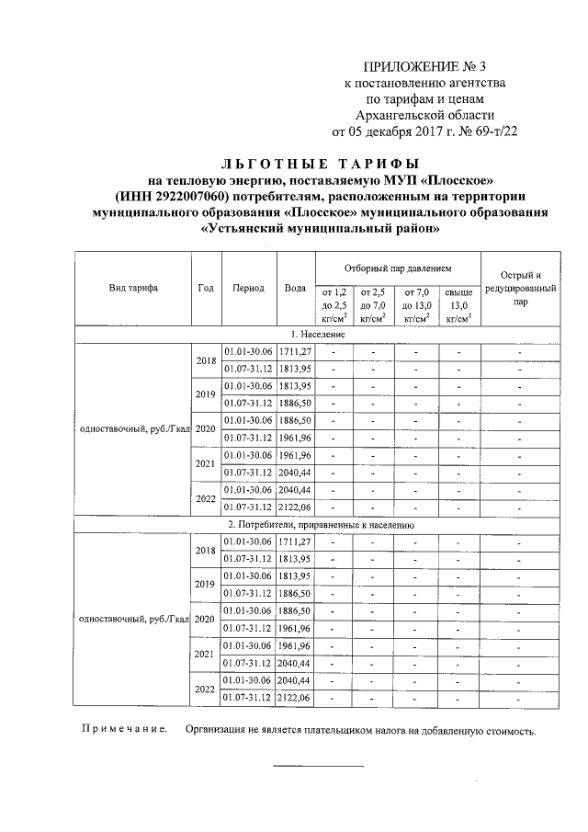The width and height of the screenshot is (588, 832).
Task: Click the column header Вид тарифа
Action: tap(133, 288)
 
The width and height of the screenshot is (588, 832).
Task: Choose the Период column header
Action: tap(248, 288)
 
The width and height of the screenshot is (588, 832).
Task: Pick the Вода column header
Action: tap(295, 288)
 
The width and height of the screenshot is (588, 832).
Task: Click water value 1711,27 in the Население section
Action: tap(296, 351)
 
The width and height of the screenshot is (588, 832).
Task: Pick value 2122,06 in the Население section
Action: tap(296, 507)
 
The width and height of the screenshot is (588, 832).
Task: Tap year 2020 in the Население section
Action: tap(205, 429)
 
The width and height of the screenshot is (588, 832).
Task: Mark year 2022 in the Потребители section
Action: tap(205, 689)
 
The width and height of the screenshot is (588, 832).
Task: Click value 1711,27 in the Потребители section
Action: tap(296, 541)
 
